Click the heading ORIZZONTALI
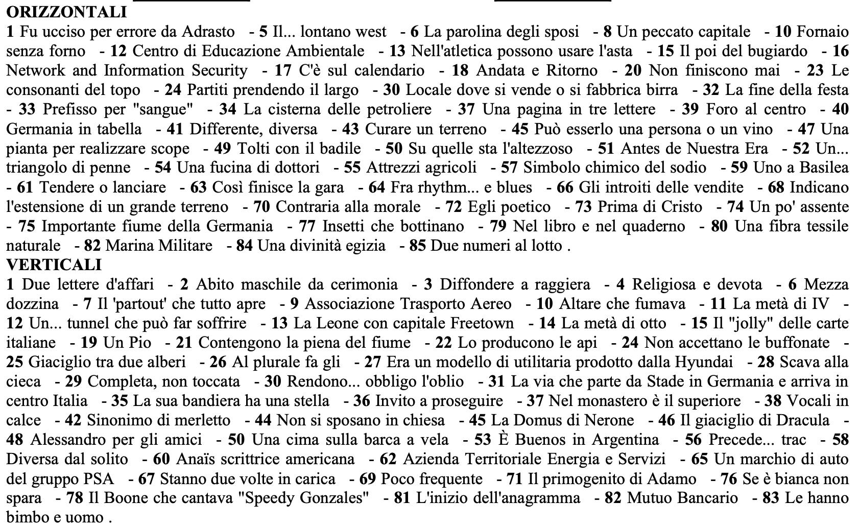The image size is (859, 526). [x=66, y=11]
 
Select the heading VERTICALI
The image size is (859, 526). [x=54, y=265]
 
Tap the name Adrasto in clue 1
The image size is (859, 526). [x=208, y=32]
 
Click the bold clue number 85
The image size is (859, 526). [x=417, y=246]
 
